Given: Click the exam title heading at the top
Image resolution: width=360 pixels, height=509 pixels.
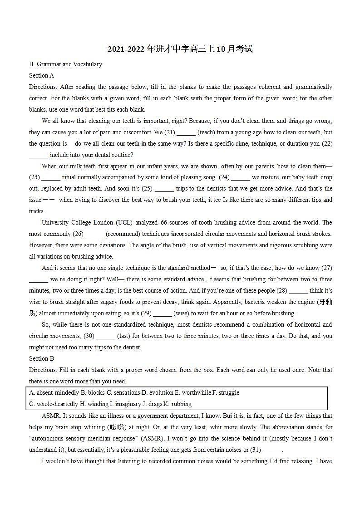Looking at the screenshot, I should click(180, 49).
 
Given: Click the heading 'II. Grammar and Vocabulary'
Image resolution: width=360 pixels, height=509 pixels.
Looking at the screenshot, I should click(65, 64).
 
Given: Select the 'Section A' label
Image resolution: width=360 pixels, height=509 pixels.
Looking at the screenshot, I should click(41, 75).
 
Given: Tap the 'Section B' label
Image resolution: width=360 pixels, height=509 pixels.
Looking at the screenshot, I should click(41, 358).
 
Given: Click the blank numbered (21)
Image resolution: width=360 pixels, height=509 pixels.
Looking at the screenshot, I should click(186, 132).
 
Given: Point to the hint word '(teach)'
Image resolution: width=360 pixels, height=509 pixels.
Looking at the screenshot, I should click(207, 132).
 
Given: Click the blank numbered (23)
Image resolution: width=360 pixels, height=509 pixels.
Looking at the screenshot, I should click(50, 177).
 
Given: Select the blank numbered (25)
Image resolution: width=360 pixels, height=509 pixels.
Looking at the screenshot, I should click(164, 189).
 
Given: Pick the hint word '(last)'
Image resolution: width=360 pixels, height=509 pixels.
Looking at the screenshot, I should click(124, 336).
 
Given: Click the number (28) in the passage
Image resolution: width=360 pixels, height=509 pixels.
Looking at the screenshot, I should click(281, 290).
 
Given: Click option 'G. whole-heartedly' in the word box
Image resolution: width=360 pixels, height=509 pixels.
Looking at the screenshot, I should click(54, 404).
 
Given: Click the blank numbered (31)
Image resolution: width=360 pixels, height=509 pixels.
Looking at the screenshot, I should click(272, 450).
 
